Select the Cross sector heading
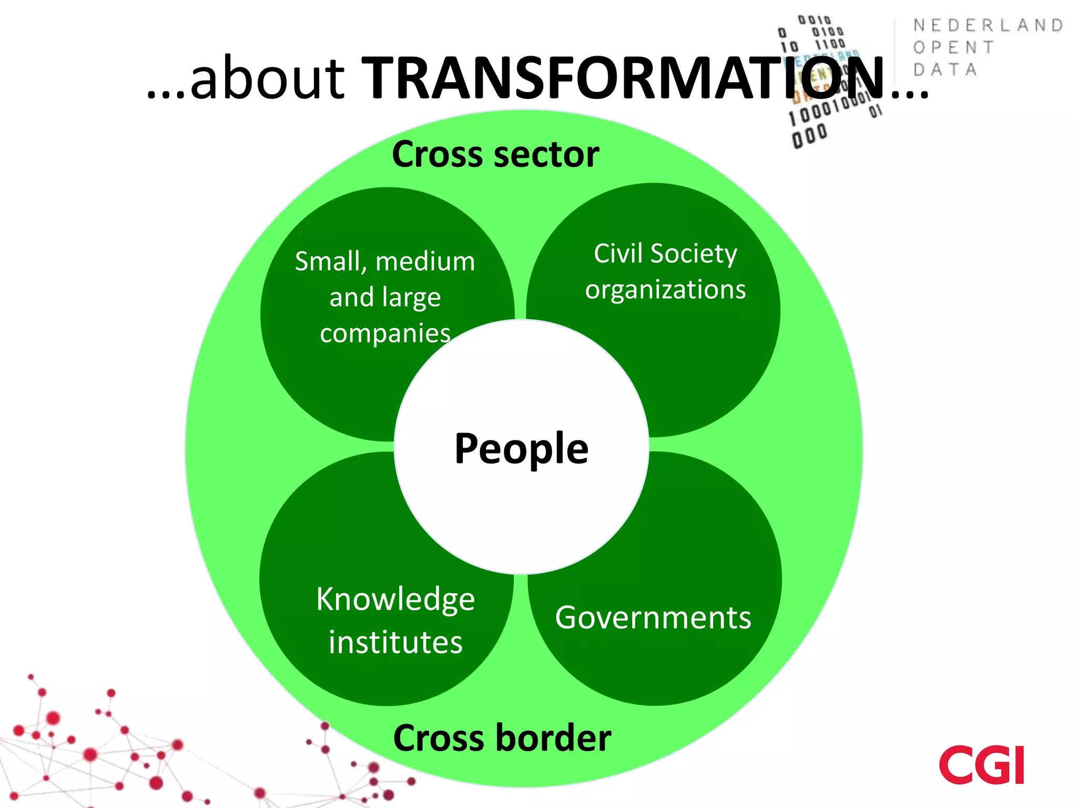[x=495, y=154]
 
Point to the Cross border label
[x=502, y=738]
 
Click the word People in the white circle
[x=521, y=448]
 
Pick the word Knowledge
[x=395, y=600]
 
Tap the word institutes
[x=395, y=642]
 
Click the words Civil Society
[x=665, y=254]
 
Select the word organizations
[x=665, y=289]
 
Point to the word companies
[x=385, y=334]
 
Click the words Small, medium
[x=385, y=261]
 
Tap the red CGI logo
[x=981, y=765]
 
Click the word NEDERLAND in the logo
[x=988, y=25]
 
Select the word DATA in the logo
[x=945, y=69]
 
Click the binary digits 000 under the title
[x=809, y=137]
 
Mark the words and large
[x=385, y=297]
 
